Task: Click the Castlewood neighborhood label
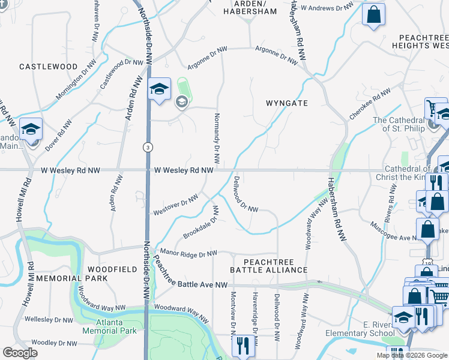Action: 48,67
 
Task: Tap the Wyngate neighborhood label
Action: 287,103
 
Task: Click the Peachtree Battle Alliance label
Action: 276,266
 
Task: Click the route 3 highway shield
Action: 147,147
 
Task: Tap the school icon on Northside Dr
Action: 159,90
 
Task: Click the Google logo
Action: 20,353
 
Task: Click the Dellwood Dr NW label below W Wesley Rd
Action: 245,194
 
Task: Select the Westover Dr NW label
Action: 176,205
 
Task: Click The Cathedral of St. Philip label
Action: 399,124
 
